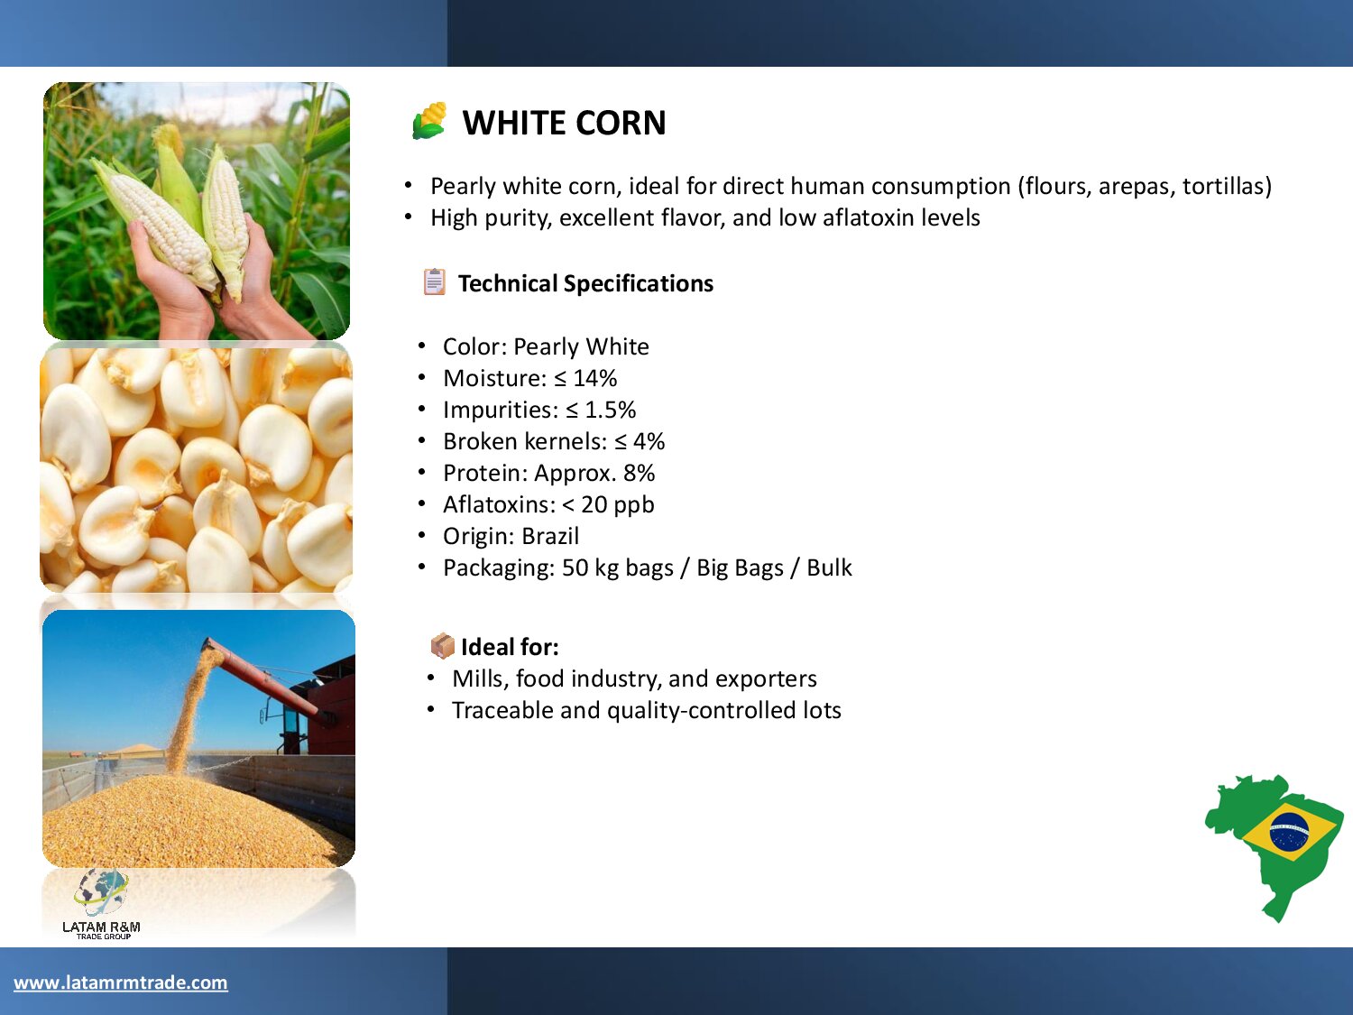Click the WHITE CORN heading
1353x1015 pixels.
(x=564, y=123)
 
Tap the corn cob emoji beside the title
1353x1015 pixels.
(x=429, y=121)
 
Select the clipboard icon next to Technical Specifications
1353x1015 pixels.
(x=434, y=282)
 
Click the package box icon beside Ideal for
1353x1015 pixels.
(x=443, y=646)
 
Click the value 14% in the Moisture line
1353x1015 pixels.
(x=594, y=378)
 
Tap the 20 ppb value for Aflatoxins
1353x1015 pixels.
(x=618, y=504)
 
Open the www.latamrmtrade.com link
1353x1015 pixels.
(x=121, y=983)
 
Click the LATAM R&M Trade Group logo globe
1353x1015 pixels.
(x=101, y=891)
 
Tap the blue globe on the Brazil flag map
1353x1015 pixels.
(x=1290, y=830)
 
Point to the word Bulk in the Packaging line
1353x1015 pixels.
(x=829, y=567)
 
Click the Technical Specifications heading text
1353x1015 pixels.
(x=585, y=283)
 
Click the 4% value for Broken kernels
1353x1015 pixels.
(x=649, y=442)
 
